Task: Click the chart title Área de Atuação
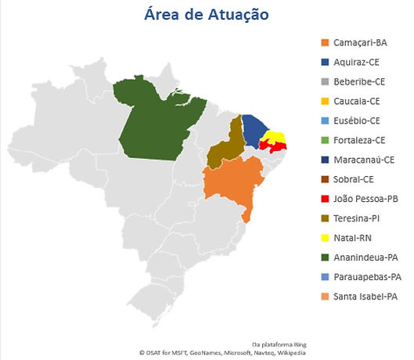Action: pyautogui.click(x=207, y=14)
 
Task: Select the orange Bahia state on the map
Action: pyautogui.click(x=230, y=184)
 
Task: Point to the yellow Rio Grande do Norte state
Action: pyautogui.click(x=276, y=139)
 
